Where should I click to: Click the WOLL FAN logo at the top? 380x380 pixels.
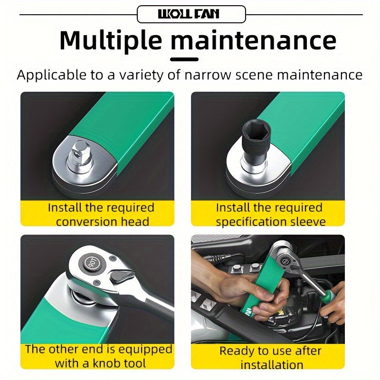point(189,14)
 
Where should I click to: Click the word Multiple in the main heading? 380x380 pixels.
point(111,40)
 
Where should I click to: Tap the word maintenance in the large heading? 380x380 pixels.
point(254,40)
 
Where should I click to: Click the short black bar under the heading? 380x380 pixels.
point(184,59)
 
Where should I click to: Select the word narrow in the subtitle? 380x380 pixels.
point(208,75)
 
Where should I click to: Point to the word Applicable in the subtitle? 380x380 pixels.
point(52,75)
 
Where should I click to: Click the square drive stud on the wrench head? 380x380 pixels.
point(80,153)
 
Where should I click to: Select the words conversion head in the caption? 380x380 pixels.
point(103,222)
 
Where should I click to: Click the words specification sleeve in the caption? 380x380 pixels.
point(271,222)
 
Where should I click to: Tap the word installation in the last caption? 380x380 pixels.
point(272,364)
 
